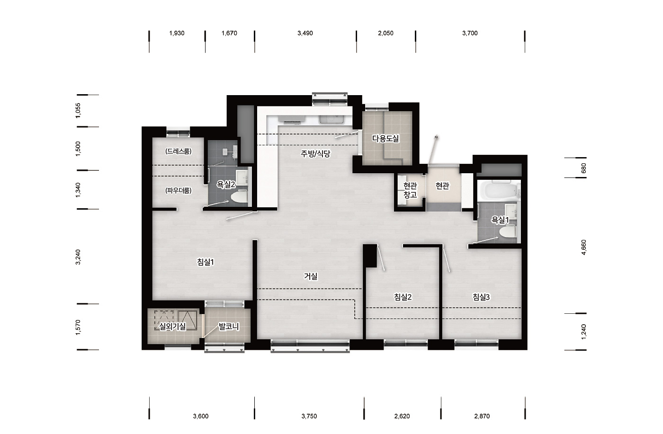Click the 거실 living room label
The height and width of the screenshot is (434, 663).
point(311,276)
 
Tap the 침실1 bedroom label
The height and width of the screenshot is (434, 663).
point(206,262)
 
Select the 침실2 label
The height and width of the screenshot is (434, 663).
point(403,297)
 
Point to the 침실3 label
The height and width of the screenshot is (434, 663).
point(481,297)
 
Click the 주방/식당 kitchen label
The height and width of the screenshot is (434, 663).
point(315,153)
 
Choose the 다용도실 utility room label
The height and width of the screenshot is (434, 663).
point(385,138)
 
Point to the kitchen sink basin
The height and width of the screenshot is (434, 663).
point(331,120)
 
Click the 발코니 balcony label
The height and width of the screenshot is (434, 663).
point(228,327)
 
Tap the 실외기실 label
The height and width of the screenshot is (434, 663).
point(172,326)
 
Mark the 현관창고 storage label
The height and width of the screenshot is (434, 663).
point(410,190)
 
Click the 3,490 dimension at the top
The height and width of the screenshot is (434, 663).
point(305,33)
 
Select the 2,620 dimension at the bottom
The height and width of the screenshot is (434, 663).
point(402,416)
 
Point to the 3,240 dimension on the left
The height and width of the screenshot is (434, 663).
point(78,257)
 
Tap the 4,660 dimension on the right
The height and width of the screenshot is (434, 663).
point(583,248)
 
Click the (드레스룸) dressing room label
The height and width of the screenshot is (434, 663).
point(179,151)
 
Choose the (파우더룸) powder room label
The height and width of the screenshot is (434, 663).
point(179,191)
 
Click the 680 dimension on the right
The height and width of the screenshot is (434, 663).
point(583,168)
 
